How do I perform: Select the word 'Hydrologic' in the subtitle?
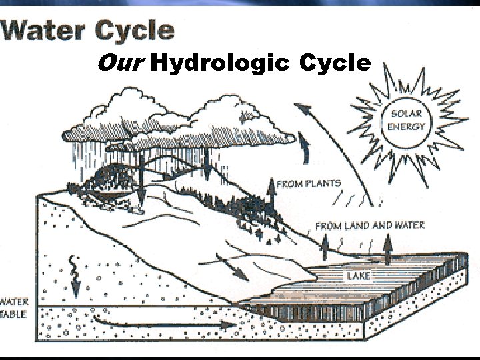pyautogui.click(x=219, y=65)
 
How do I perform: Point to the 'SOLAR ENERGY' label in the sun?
pyautogui.click(x=405, y=120)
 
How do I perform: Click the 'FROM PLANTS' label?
pyautogui.click(x=309, y=183)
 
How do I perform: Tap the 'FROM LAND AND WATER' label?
pyautogui.click(x=370, y=225)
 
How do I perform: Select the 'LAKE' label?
pyautogui.click(x=358, y=273)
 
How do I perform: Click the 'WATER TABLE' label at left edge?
pyautogui.click(x=13, y=307)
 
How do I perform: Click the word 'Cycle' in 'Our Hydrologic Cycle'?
pyautogui.click(x=335, y=64)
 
